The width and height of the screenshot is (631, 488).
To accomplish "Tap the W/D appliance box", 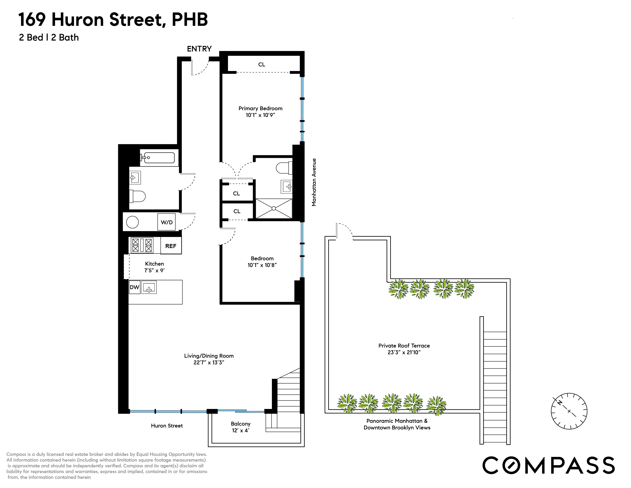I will pyautogui.click(x=166, y=222).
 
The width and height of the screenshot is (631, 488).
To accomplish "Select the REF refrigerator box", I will pyautogui.click(x=171, y=246).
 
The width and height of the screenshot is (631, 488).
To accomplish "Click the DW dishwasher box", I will pyautogui.click(x=134, y=287).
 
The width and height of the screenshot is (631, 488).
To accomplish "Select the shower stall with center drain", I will pyautogui.click(x=274, y=208).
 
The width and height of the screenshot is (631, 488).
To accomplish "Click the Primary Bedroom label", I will pyautogui.click(x=260, y=108).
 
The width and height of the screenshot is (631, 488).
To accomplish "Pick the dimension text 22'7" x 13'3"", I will pyautogui.click(x=209, y=362).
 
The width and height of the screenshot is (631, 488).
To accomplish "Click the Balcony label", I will pyautogui.click(x=240, y=424).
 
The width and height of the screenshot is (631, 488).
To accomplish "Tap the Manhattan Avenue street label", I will pyautogui.click(x=314, y=182).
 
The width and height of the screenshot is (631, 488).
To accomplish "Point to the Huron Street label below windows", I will pyautogui.click(x=167, y=426).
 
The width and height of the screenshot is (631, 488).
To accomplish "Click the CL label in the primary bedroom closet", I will pyautogui.click(x=261, y=64).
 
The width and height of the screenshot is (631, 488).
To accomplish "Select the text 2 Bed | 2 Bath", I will pyautogui.click(x=49, y=38).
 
